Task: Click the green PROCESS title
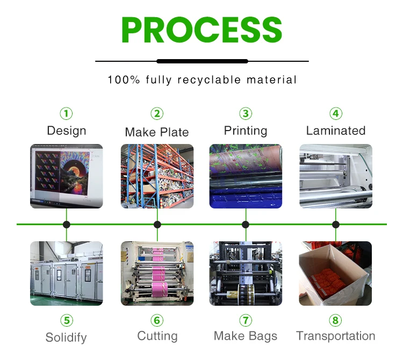point(201,30)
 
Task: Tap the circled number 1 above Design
point(66,113)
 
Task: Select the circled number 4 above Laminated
point(336,113)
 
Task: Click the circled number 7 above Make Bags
point(246,321)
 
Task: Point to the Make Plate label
point(157,132)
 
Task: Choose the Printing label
point(246,131)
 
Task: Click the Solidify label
point(66,337)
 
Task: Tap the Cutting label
point(157,336)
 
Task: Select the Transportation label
point(336,336)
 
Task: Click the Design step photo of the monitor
point(66,176)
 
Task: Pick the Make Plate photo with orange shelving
point(157,176)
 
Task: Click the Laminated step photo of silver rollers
point(336,176)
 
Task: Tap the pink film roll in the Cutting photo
point(159,273)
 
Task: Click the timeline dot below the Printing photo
point(246,225)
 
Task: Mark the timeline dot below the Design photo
point(66,225)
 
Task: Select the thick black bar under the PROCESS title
point(202,61)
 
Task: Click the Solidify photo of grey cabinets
point(66,273)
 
